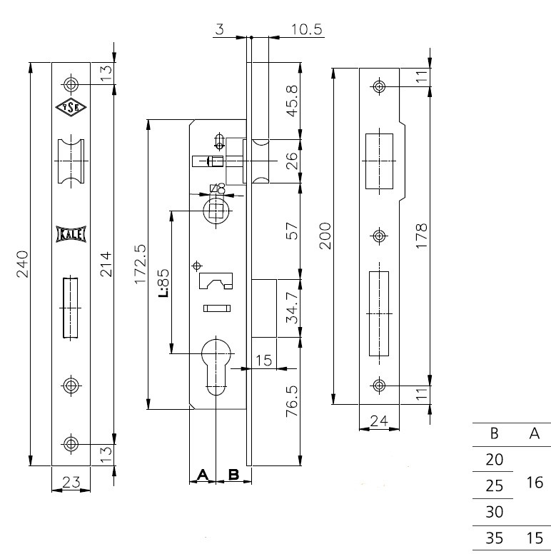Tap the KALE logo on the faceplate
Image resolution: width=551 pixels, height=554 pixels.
tap(71, 233)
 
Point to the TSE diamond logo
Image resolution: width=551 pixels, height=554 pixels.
tap(71, 108)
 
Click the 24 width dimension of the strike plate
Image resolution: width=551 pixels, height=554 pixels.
tap(380, 422)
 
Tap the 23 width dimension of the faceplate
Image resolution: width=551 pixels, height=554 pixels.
tap(71, 483)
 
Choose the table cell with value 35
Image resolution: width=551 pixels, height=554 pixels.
tap(495, 538)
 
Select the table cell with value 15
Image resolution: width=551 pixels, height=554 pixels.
tap(534, 538)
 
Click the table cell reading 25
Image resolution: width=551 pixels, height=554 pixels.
tap(495, 485)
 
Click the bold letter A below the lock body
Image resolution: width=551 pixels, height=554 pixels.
tap(201, 474)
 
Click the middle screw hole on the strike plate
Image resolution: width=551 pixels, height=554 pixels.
tap(380, 236)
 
